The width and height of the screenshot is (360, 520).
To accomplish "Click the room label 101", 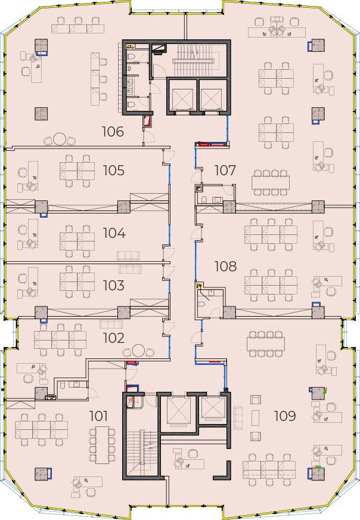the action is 98,416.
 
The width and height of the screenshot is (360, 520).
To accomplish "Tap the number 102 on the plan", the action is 114,338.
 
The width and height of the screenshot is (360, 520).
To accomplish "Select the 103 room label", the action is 114,286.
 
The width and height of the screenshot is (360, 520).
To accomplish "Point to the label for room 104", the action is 114,233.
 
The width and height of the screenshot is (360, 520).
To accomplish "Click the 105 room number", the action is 114,171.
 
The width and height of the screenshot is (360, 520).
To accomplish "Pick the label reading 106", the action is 113,132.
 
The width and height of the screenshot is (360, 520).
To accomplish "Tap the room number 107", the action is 225,171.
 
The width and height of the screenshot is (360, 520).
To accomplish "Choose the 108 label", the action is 225,267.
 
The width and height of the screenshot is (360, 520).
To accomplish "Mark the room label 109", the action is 285,416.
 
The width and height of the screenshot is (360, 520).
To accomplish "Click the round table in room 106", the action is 60,139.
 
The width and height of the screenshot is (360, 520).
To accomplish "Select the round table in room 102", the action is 138,351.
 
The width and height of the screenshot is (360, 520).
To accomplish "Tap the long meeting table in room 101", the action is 103,445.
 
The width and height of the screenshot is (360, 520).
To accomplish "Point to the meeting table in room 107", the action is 271,182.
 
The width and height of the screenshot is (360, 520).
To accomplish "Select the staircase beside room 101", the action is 142,453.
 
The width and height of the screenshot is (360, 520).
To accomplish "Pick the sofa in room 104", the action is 128,256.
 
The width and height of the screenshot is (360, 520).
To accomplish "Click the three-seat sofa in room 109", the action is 238,418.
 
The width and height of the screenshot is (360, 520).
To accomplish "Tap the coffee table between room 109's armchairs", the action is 255,418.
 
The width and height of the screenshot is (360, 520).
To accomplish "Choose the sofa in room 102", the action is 111,324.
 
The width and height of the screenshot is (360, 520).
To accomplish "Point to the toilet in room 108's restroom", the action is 201,305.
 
